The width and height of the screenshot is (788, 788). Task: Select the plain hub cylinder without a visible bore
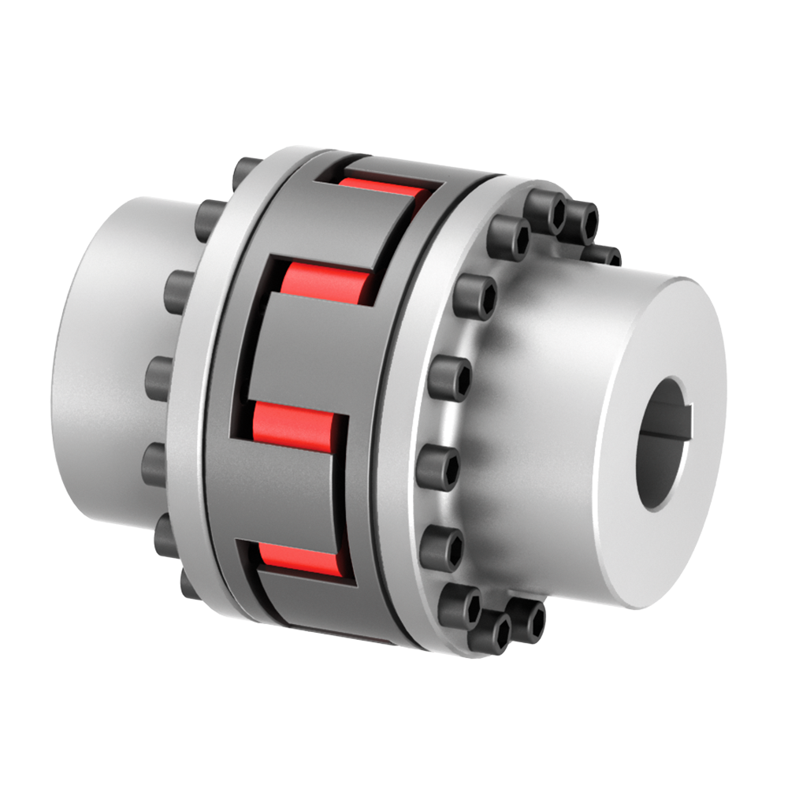(102, 355)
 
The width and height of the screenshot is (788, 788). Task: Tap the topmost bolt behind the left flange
(244, 169)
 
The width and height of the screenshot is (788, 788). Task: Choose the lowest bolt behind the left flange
(189, 584)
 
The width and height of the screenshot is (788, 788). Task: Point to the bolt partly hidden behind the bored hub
(603, 254)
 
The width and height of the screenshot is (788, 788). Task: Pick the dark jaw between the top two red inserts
(370, 229)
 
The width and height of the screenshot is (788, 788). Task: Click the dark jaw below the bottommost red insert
(315, 603)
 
